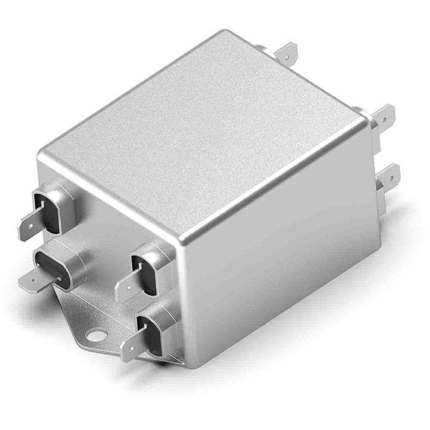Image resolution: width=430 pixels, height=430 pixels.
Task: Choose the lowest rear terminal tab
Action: coord(388,176)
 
